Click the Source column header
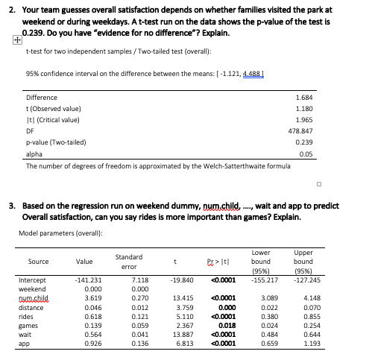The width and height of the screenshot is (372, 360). (x=39, y=262)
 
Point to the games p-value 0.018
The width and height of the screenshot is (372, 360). (x=227, y=324)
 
